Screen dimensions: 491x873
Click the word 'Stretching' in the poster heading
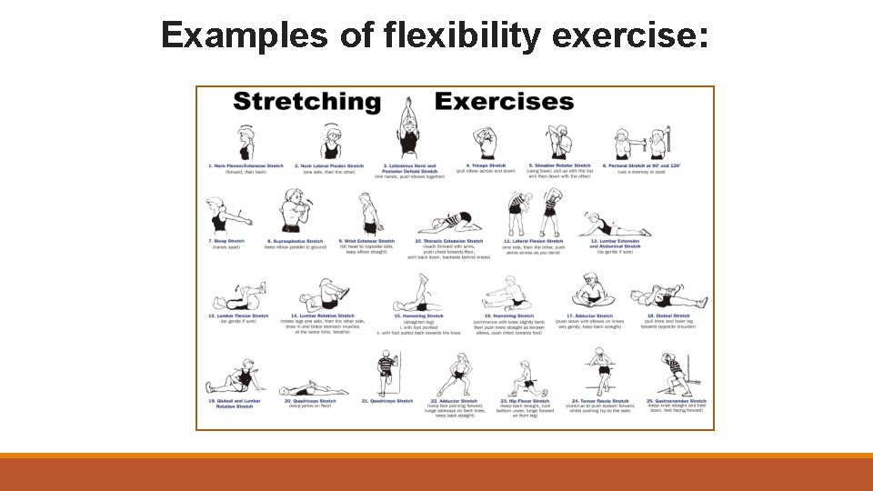click(x=306, y=101)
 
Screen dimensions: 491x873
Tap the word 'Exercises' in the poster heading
click(x=504, y=101)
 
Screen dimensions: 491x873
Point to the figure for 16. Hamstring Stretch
click(x=506, y=295)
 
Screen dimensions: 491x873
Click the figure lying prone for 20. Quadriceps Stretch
click(x=314, y=388)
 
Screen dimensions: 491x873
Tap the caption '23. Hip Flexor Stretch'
click(x=525, y=401)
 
